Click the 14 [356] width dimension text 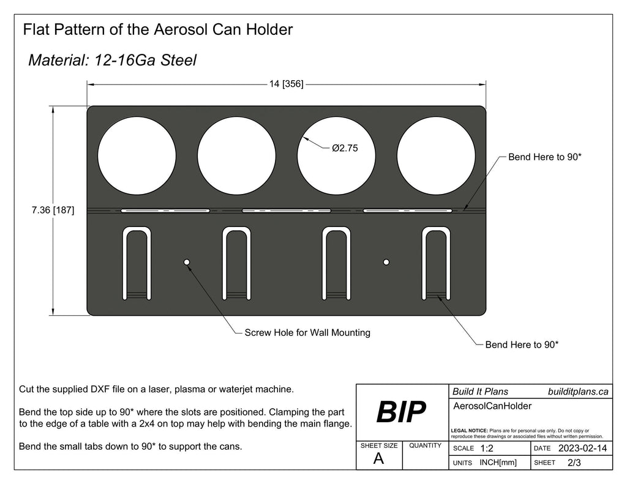(286, 84)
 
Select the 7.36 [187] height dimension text (53, 210)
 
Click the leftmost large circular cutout (137, 153)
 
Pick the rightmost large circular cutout (435, 153)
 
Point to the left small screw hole (187, 262)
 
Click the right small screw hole (386, 262)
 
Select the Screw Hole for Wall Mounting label (307, 333)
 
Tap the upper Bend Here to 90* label (544, 157)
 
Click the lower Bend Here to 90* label (521, 344)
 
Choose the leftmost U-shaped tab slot (137, 263)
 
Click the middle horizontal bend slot (286, 210)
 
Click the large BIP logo (401, 413)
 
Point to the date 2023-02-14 (582, 449)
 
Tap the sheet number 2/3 (574, 463)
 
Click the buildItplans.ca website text (577, 392)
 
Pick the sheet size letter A (378, 460)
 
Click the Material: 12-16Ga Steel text (112, 60)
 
